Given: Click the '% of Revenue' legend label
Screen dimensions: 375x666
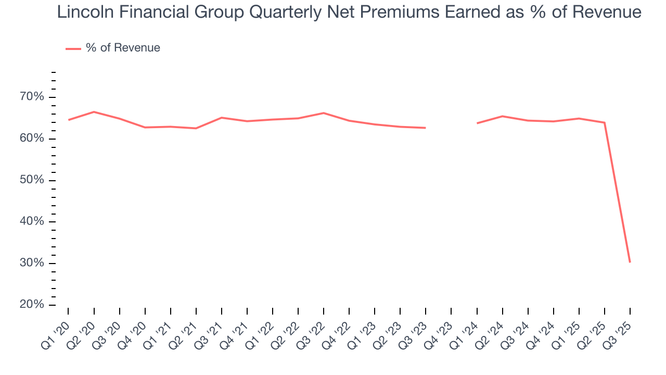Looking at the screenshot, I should click(123, 48).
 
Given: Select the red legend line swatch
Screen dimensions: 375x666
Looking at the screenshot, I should click(73, 48).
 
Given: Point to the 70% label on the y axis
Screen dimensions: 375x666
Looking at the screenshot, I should click(32, 97).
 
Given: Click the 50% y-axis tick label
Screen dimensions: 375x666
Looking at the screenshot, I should click(32, 180).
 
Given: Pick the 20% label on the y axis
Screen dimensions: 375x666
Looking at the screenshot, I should click(32, 305).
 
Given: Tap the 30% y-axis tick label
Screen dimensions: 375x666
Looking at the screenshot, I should click(32, 263).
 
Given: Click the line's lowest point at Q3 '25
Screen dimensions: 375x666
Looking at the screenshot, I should click(630, 262).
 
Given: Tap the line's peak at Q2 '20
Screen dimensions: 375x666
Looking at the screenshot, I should click(94, 112).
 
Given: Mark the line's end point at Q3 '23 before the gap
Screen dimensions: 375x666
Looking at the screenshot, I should click(426, 128).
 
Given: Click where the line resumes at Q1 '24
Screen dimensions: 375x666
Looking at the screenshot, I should click(477, 123).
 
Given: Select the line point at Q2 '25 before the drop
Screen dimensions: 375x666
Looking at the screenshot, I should click(605, 123).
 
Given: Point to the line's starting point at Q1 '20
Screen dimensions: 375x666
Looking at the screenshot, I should click(68, 120).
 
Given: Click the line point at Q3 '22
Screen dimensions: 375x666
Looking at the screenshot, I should click(324, 113).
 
